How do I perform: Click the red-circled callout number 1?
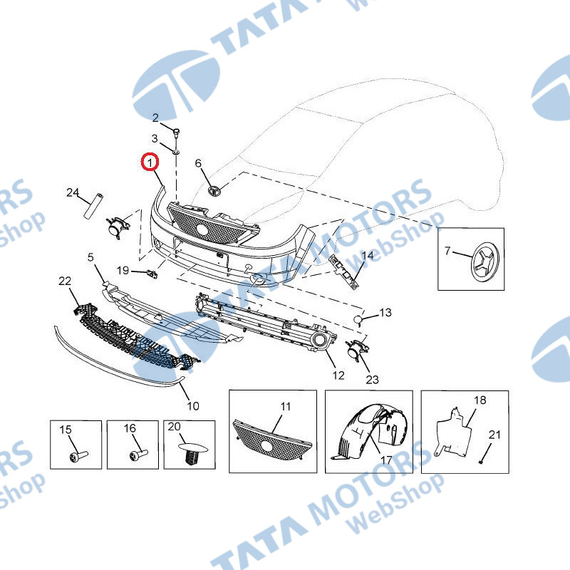click(x=150, y=163)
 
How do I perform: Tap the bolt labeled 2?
click(x=176, y=133)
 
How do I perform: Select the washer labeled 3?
click(x=176, y=151)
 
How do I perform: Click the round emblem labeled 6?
click(x=214, y=191)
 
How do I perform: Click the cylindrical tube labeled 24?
click(x=93, y=206)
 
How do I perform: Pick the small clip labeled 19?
click(x=152, y=274)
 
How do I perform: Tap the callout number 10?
click(x=193, y=405)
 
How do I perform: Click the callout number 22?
click(x=65, y=281)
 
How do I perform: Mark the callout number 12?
click(x=338, y=375)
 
